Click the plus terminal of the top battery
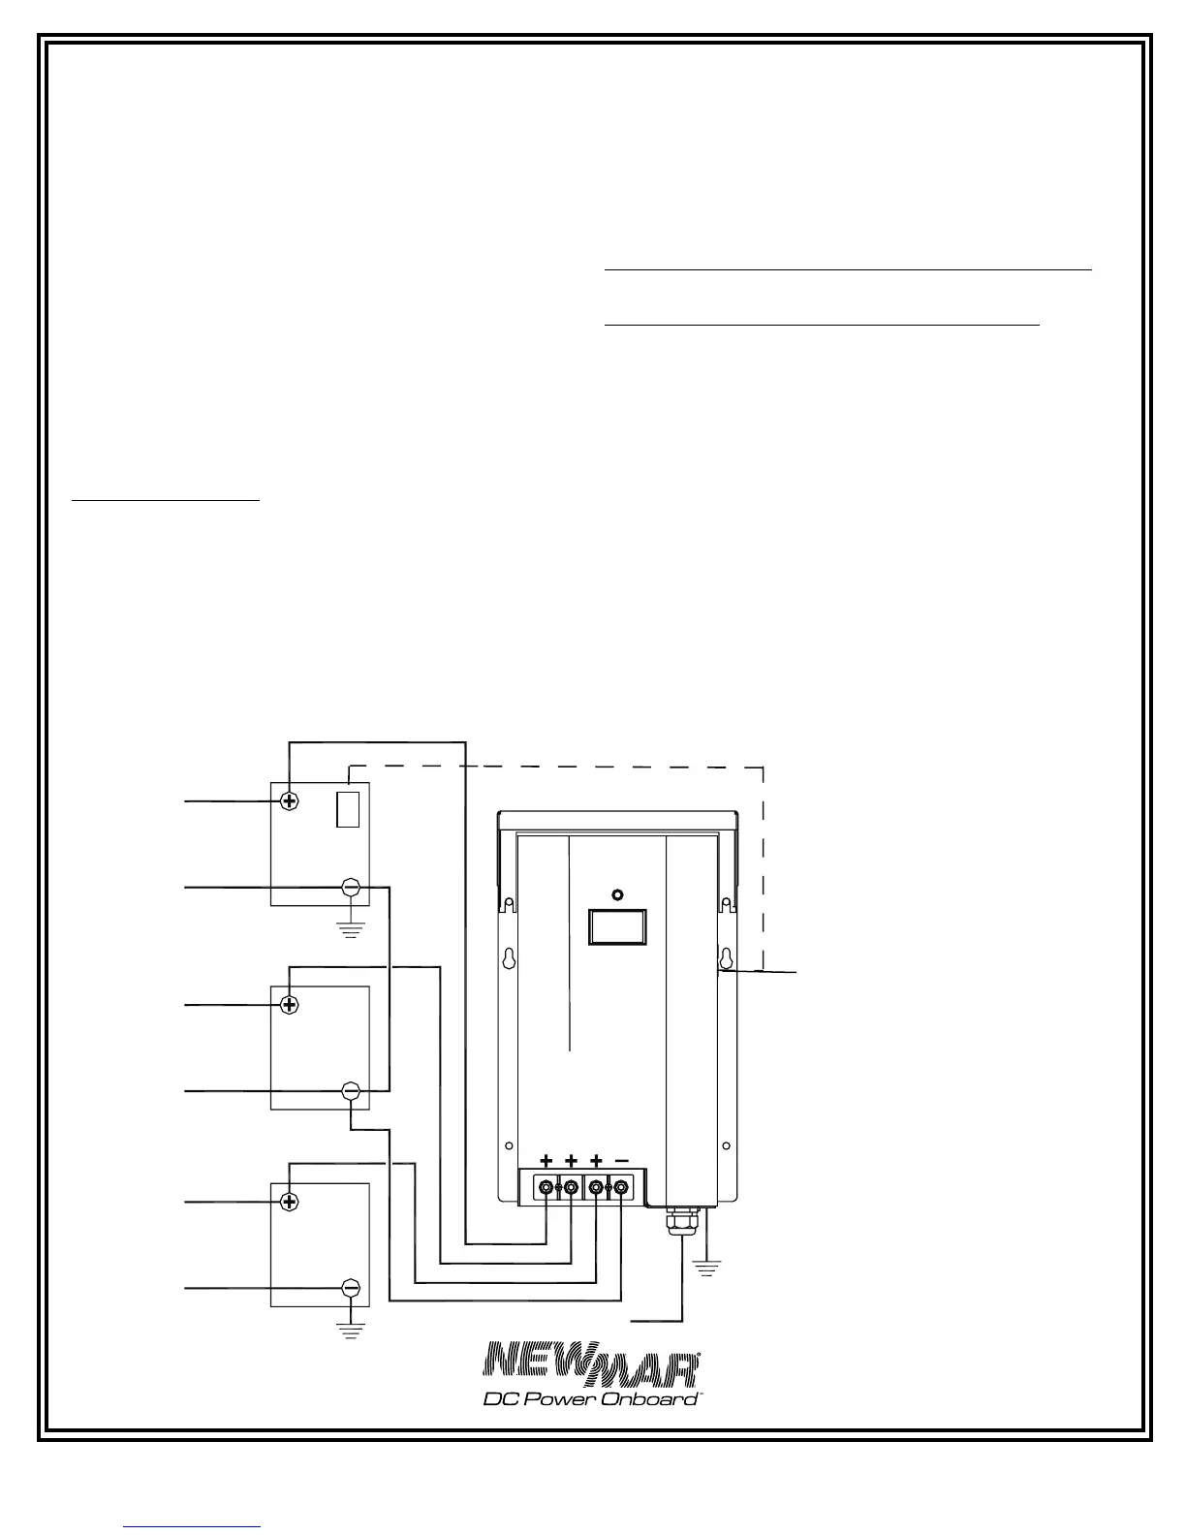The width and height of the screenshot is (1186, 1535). click(289, 801)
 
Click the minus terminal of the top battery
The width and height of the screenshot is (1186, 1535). click(352, 888)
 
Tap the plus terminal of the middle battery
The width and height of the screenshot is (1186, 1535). click(289, 1004)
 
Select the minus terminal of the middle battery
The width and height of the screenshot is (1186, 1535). click(352, 1091)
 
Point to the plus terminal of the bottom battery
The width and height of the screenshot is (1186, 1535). click(289, 1202)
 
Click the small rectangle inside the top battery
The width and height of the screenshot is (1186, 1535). click(348, 809)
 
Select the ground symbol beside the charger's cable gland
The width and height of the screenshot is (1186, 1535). click(707, 1266)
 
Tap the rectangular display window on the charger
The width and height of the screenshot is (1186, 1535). click(617, 926)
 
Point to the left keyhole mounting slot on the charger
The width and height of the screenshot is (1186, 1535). click(507, 958)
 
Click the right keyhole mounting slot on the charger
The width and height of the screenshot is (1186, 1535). click(723, 958)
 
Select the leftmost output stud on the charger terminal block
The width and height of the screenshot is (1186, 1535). click(546, 1186)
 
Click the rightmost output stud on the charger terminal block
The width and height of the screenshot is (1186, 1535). click(621, 1186)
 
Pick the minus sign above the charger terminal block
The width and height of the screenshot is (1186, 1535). click(621, 1159)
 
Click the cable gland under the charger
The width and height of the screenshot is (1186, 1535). click(683, 1220)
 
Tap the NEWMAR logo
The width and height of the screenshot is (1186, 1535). click(592, 1364)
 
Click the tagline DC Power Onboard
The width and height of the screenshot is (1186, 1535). click(591, 1398)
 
